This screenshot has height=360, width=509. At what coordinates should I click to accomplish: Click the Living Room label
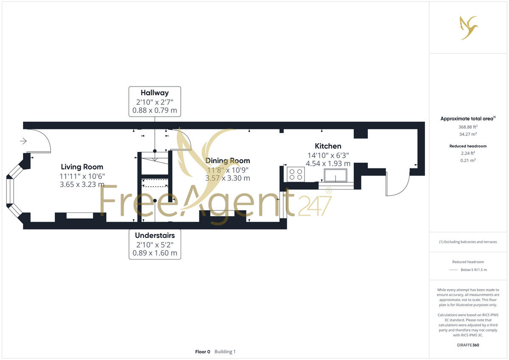pos(82,167)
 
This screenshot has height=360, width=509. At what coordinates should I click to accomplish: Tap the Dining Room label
pos(227,161)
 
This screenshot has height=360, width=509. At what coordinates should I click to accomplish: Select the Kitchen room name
pos(328,146)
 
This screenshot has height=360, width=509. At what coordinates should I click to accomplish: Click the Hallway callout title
pos(155,92)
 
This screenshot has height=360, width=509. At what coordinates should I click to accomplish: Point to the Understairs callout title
pos(155,235)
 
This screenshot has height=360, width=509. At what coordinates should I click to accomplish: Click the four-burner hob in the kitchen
pos(296,174)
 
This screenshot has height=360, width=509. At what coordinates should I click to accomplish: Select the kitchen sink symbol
pos(336,176)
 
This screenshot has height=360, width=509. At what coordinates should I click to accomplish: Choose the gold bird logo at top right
pos(469,28)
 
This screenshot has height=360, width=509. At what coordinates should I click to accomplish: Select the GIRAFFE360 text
pos(468,345)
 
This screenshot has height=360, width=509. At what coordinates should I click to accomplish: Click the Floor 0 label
pos(202,352)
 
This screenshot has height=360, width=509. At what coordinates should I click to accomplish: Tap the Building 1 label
pos(225,352)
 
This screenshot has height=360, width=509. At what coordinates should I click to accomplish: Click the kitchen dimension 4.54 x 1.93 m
pos(329,163)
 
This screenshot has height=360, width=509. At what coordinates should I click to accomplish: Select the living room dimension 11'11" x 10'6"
pos(82,176)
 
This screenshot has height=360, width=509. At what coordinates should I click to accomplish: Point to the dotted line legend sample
pos(453,270)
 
